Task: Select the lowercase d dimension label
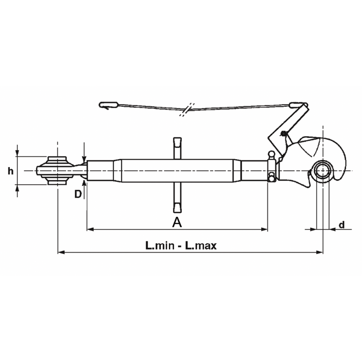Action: pos(342,224)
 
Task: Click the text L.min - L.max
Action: pos(181,246)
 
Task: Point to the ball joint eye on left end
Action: pos(57,171)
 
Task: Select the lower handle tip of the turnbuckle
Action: pos(177,208)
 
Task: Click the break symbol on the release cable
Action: pos(186,110)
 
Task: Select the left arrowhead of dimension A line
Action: pos(90,230)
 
